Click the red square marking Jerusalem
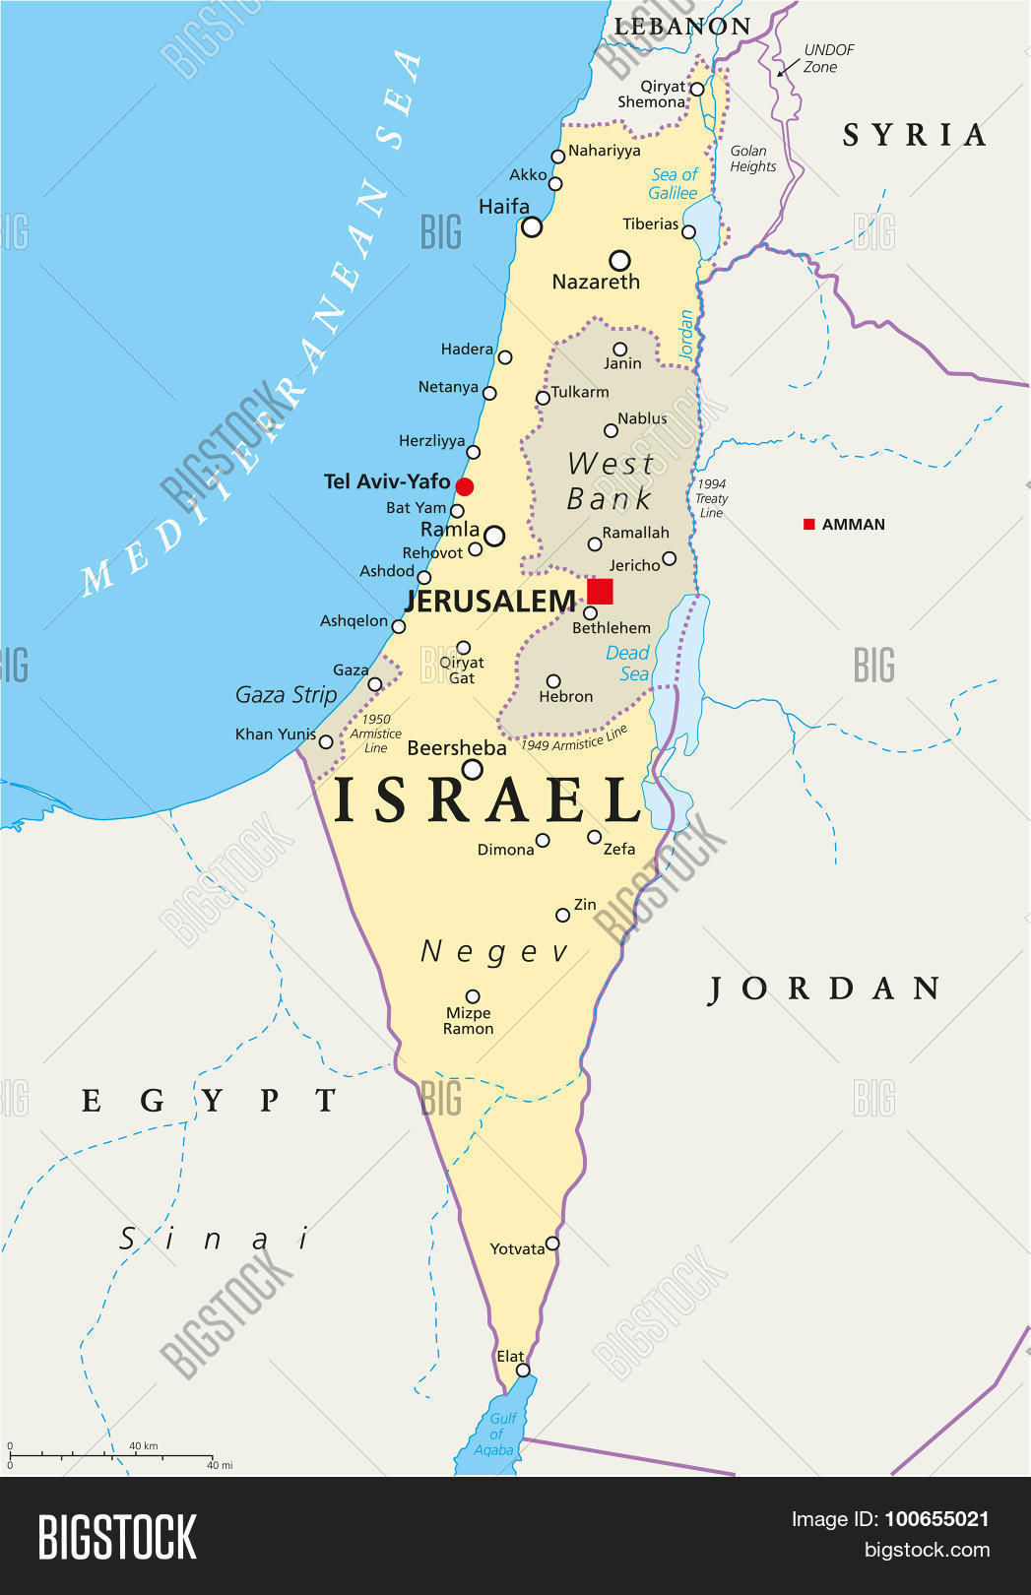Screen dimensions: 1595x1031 600,591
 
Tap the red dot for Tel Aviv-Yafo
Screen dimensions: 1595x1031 465,486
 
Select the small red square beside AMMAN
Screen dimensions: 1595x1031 809,525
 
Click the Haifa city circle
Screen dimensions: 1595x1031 532,227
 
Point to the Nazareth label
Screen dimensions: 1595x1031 596,282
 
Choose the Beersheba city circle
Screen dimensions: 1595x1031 473,770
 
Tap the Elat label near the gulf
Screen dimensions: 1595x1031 510,1356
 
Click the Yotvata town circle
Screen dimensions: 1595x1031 552,1244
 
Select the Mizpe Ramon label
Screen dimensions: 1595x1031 468,1021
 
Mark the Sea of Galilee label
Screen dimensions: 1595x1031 674,183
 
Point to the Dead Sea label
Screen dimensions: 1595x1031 628,663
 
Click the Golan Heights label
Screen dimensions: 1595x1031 752,159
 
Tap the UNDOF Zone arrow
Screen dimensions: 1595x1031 788,67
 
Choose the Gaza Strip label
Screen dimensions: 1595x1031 286,695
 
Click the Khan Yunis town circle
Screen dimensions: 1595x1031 326,741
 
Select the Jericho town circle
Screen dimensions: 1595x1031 670,558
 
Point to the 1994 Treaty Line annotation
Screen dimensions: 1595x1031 711,498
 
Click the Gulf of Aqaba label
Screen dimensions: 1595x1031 496,1434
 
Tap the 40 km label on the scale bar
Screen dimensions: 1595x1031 144,1446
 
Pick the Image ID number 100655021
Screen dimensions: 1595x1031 936,1519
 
